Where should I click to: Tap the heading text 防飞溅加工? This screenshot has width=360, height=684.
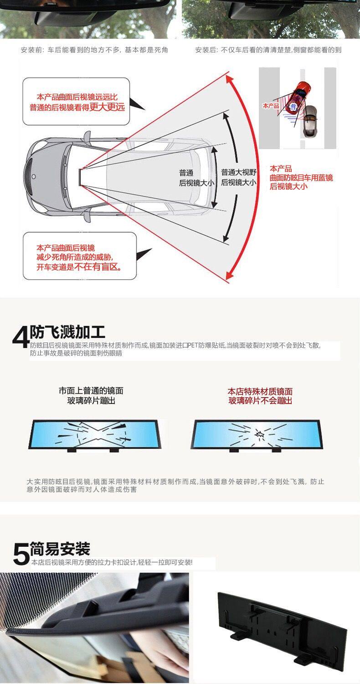click(x=67, y=332)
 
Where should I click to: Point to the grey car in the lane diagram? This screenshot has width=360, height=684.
click(x=310, y=119)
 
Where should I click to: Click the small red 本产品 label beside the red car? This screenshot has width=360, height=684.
click(x=271, y=106)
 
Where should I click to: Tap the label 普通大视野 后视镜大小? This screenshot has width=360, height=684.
click(x=238, y=177)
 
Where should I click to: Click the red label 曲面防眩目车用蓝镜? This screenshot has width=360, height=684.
click(x=301, y=177)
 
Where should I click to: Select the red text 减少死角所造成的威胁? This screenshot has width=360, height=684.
click(x=74, y=258)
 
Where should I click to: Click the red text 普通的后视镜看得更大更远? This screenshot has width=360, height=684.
click(x=77, y=108)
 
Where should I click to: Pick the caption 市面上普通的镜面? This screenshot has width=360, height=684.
click(x=91, y=391)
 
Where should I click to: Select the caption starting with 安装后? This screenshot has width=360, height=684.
click(x=268, y=50)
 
